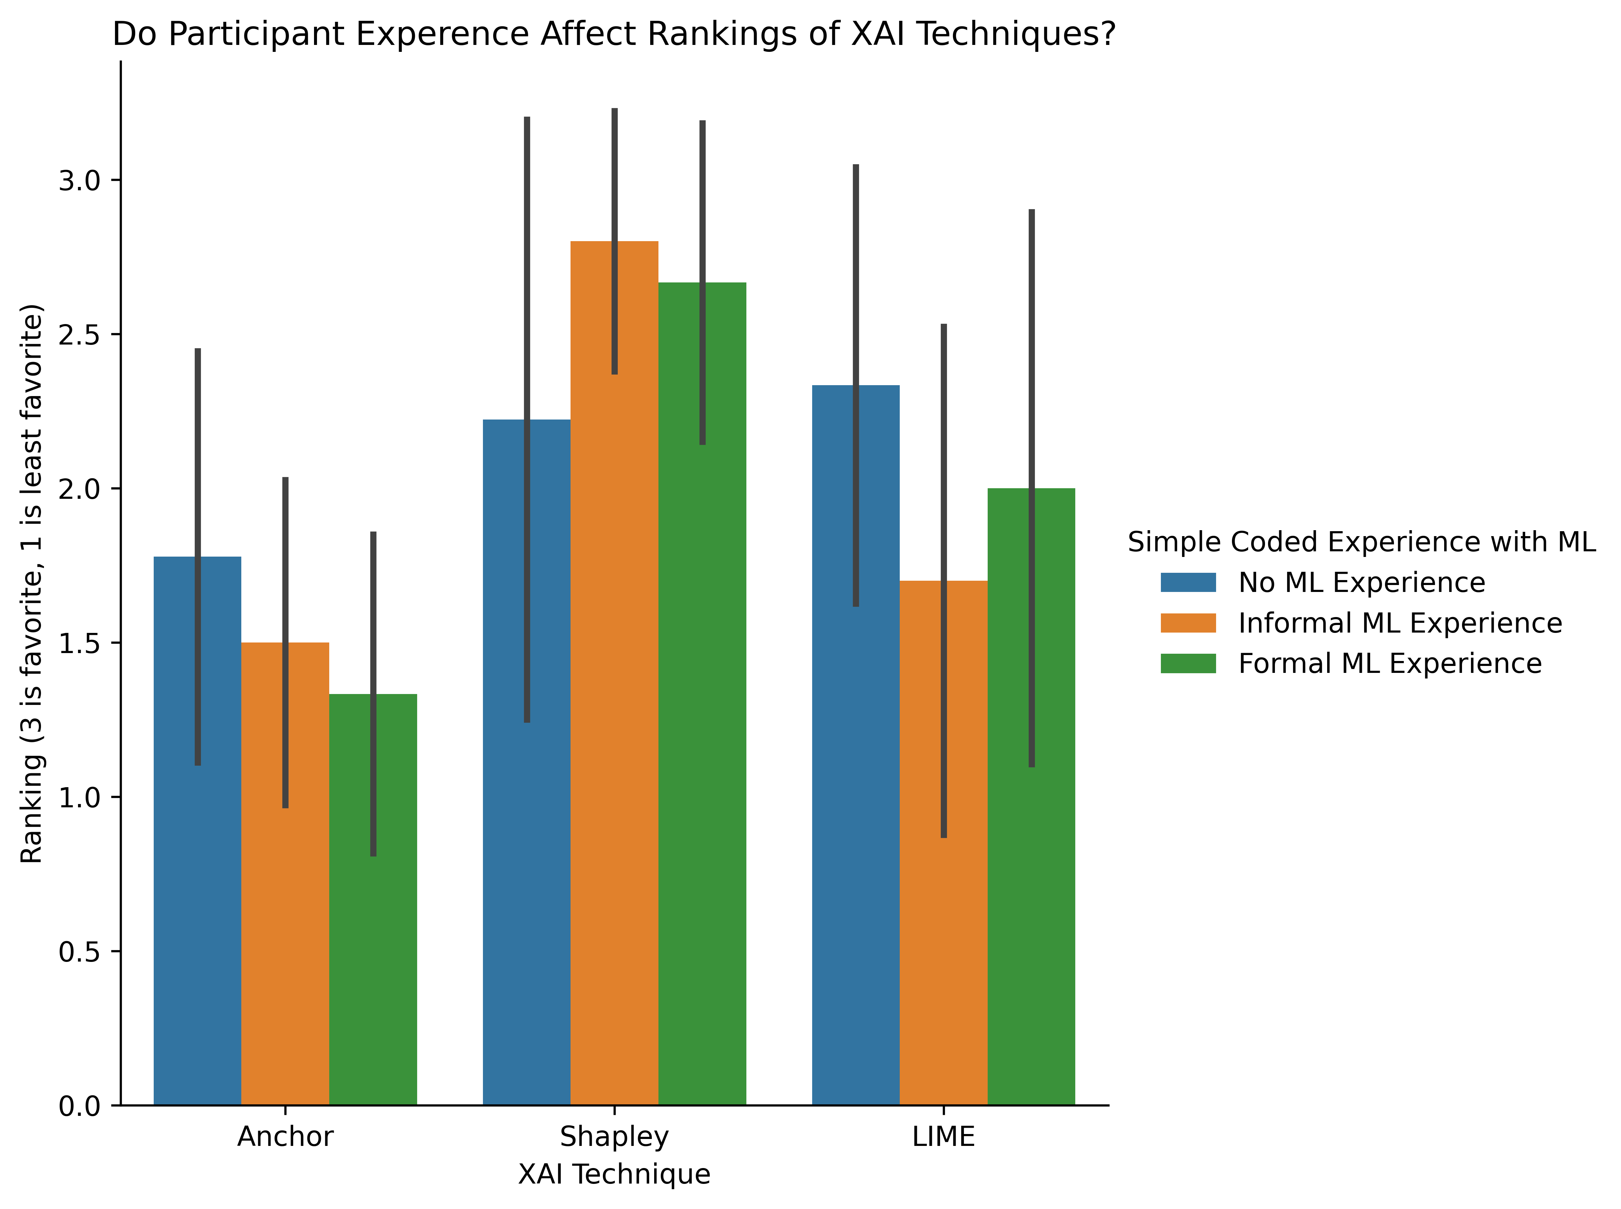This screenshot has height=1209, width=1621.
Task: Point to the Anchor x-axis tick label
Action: [x=285, y=1137]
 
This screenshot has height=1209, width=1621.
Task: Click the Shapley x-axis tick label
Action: [x=614, y=1137]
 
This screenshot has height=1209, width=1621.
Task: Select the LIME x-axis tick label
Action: [x=943, y=1137]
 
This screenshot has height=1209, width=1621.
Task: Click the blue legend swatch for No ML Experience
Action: [x=1188, y=583]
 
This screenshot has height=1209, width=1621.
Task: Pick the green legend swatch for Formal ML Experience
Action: [x=1188, y=663]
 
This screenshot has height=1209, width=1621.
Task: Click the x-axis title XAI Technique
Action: [x=614, y=1174]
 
